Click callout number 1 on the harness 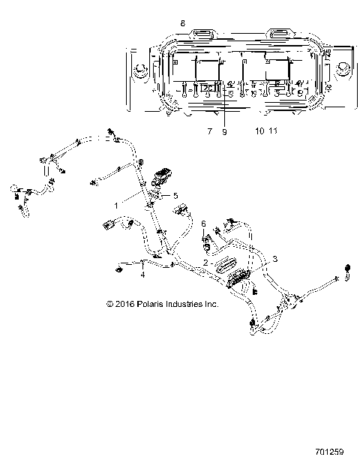tap(115, 205)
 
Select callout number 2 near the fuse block tap(205, 262)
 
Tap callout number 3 tap(274, 258)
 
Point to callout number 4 tap(142, 275)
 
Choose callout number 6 tap(202, 223)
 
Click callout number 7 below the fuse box tap(189, 131)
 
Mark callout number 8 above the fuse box tap(182, 24)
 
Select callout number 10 tap(259, 131)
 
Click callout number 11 tap(274, 131)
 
